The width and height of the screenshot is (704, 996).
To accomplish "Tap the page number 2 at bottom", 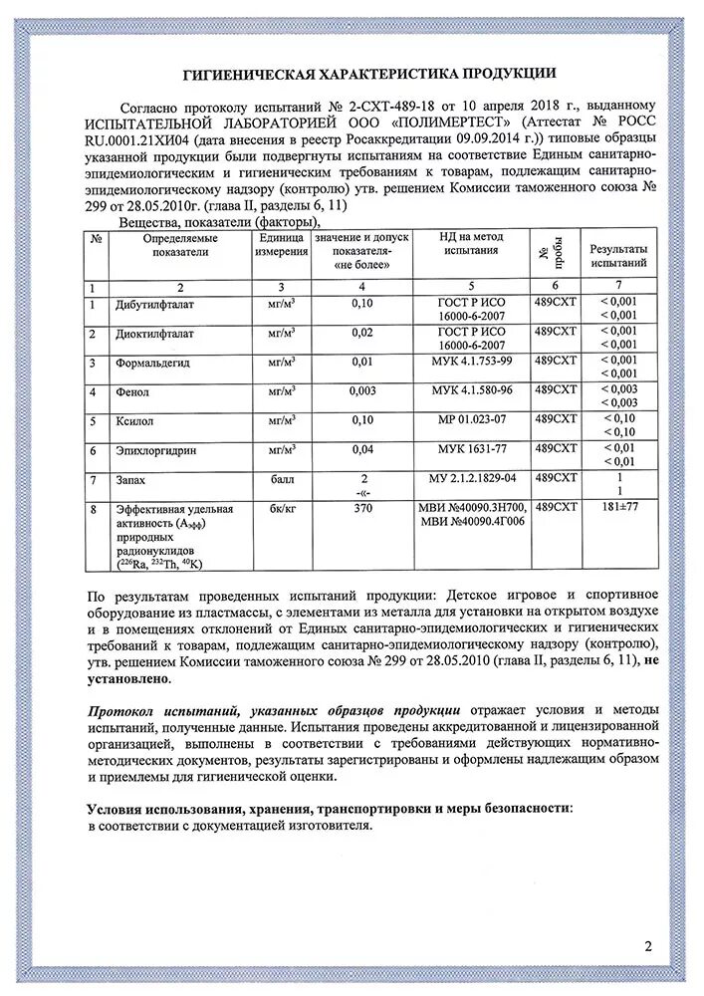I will pos(647,946).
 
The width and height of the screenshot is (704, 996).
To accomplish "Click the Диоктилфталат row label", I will pos(154,333).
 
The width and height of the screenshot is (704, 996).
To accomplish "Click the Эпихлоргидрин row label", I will pos(155,451).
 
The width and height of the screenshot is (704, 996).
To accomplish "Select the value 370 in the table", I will pos(362,509).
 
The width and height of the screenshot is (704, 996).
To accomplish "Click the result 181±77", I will pos(618,509).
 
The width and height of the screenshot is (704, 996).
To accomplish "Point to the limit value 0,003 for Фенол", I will pos(362,391).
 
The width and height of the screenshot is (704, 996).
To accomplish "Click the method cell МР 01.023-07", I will pos(471,420).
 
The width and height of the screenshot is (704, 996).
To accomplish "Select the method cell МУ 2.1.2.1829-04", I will pos(472,479).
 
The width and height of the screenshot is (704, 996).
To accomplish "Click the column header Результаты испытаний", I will pos(618,255).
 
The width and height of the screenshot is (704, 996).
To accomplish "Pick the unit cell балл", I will pos(282,480).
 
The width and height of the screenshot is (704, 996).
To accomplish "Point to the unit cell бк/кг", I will pos(282,509).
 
